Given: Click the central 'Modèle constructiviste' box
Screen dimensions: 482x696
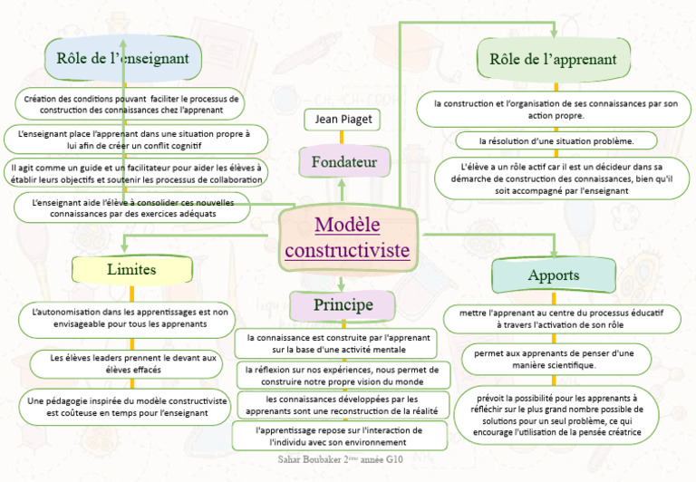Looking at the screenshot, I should [x=348, y=236].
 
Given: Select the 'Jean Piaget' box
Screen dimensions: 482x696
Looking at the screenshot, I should [x=342, y=120].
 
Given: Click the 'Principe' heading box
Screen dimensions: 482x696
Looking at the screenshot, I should [x=342, y=305].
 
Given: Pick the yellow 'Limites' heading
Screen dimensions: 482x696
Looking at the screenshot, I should [x=131, y=269].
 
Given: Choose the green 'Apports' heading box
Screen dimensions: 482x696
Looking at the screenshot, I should [x=553, y=275].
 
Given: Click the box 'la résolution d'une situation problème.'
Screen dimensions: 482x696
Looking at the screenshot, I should [x=556, y=140].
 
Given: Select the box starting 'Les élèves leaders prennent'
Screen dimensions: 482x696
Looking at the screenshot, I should [x=132, y=363].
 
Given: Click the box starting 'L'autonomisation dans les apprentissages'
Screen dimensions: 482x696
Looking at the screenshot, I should [x=129, y=317].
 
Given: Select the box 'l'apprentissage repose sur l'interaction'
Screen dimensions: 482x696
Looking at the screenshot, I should [x=338, y=436].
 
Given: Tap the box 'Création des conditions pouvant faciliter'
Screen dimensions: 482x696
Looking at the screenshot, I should [x=130, y=103].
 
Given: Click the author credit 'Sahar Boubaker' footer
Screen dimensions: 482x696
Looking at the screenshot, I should [x=340, y=460].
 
